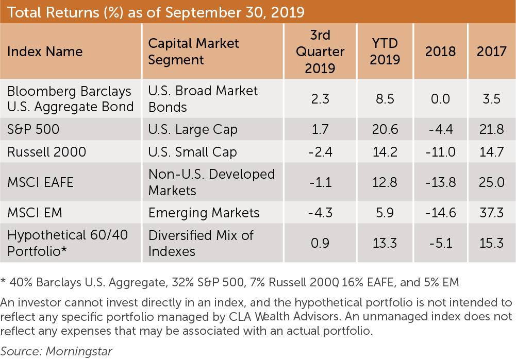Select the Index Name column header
pyautogui.click(x=45, y=52)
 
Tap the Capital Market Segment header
pyautogui.click(x=193, y=52)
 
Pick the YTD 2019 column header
pyautogui.click(x=385, y=52)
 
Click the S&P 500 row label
pyautogui.click(x=33, y=129)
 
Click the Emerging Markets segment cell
pyautogui.click(x=204, y=212)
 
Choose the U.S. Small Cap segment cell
pyautogui.click(x=192, y=152)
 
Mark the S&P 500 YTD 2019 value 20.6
pyautogui.click(x=385, y=129)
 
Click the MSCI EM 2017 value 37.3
pyautogui.click(x=491, y=212)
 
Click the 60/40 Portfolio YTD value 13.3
pyautogui.click(x=385, y=243)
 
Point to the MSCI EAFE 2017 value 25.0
pyautogui.click(x=491, y=182)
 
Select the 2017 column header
pyautogui.click(x=491, y=52)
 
